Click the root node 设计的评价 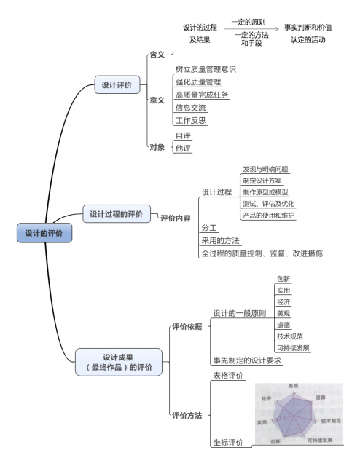44,234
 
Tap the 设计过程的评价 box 117,215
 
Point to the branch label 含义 157,55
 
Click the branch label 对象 157,147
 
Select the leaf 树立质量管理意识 206,70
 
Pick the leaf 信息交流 190,108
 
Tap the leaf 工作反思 190,120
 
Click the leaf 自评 183,135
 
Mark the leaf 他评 183,149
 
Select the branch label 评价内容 175,218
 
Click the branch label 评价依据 187,326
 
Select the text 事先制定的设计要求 247,360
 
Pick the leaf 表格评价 228,376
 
